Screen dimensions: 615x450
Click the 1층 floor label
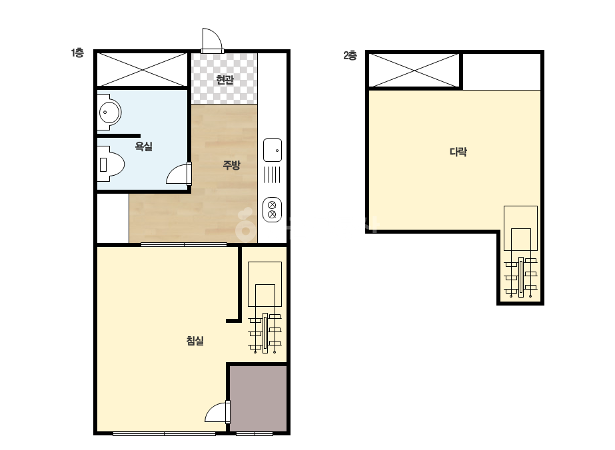click(77, 53)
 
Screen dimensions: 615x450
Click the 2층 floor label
click(350, 55)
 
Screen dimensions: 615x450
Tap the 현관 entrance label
click(225, 80)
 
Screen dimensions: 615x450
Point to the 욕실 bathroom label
click(143, 146)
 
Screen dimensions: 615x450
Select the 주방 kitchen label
click(231, 164)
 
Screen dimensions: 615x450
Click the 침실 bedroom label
click(195, 340)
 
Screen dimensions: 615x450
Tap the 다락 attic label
click(458, 152)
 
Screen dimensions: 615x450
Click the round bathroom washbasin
click(108, 112)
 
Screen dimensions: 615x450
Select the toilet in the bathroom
click(110, 164)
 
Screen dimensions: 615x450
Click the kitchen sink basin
click(273, 150)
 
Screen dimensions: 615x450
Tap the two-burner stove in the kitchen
click(272, 210)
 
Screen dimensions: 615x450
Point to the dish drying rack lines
click(273, 174)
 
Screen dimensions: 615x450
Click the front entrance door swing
click(212, 40)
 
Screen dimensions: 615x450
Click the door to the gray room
click(217, 412)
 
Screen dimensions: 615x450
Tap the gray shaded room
click(258, 399)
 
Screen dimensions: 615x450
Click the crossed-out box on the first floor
click(142, 69)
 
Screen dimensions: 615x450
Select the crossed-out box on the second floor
click(414, 70)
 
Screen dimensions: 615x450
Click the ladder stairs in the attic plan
click(521, 252)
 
